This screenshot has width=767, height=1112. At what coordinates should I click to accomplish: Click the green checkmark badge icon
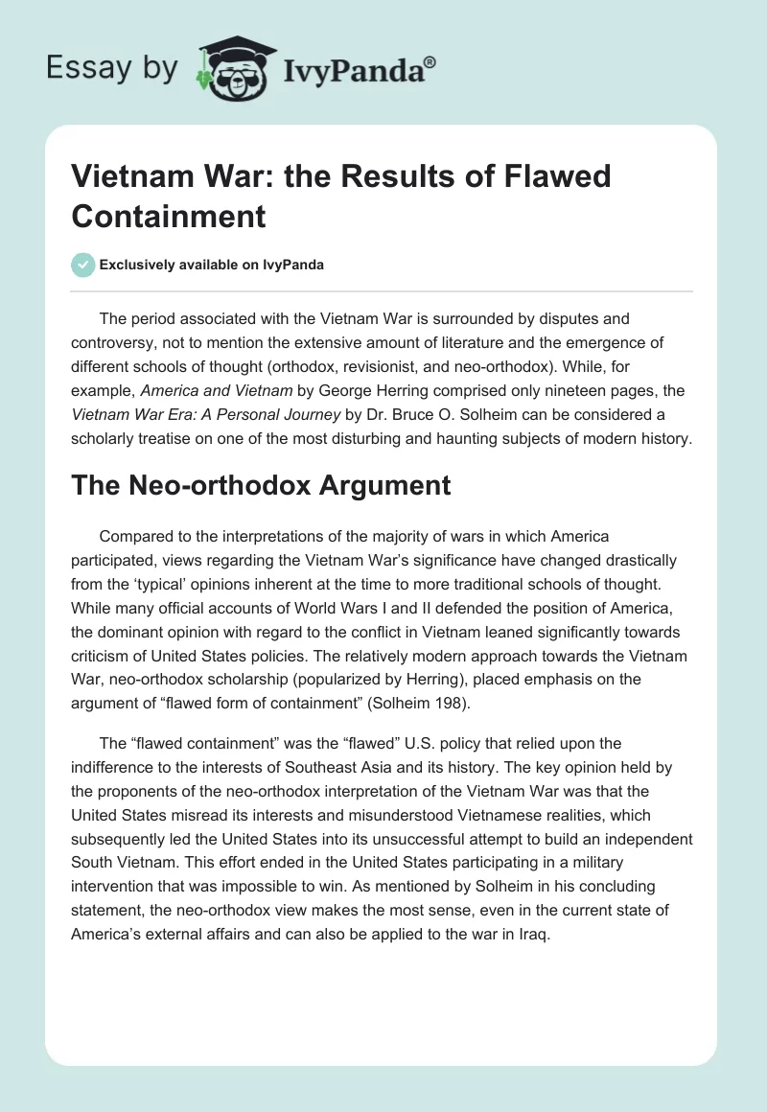pos(83,265)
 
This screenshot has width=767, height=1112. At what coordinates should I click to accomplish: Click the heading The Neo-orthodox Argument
pos(261,485)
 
